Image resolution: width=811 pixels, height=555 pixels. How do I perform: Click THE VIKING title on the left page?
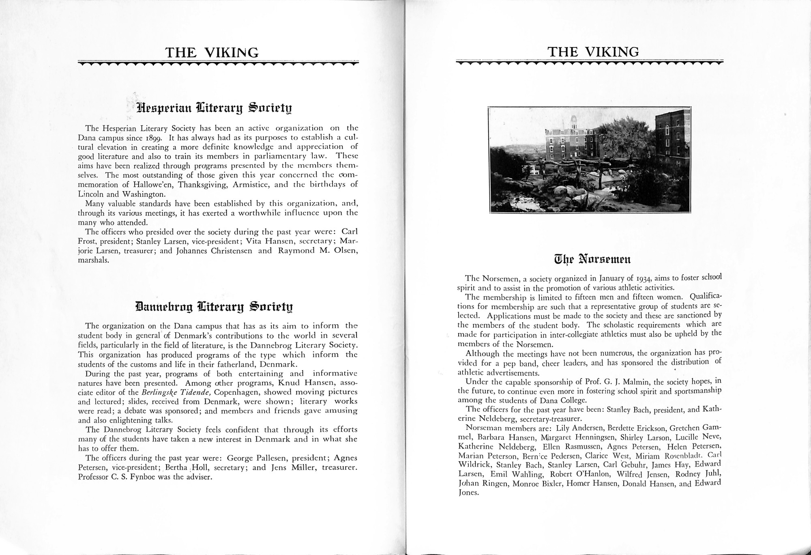212,53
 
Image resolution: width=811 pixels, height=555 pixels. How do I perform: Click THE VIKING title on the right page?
593,52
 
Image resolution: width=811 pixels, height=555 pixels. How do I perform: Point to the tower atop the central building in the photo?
573,122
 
